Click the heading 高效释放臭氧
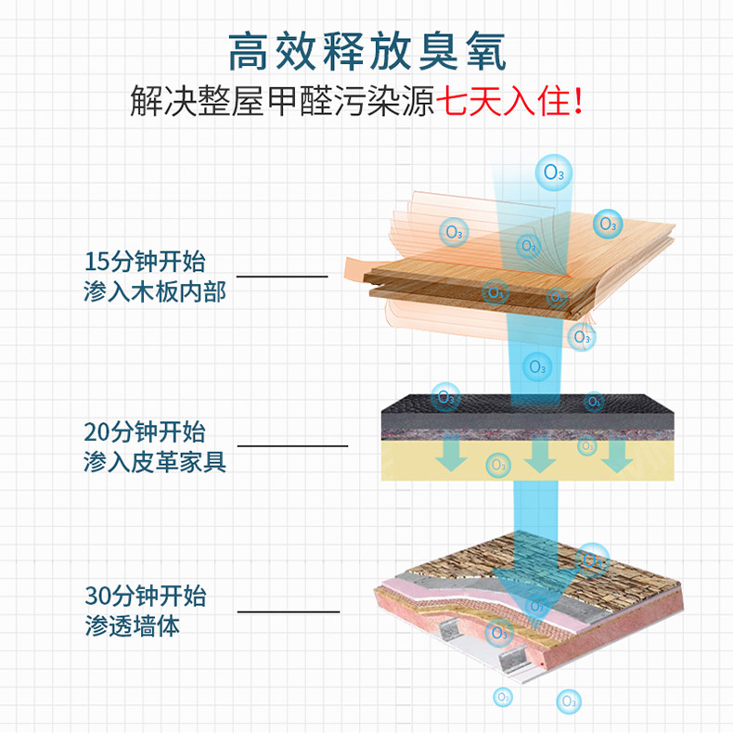(x=366, y=53)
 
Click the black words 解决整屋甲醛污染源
(x=282, y=101)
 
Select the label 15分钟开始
(x=145, y=261)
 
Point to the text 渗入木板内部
(x=155, y=292)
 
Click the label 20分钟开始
(x=145, y=431)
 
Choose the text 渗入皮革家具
(x=155, y=461)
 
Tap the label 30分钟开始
(x=145, y=595)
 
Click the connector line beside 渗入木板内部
(x=282, y=276)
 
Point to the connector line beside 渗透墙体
(x=289, y=611)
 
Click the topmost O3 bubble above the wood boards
(x=554, y=172)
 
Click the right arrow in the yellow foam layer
(x=615, y=455)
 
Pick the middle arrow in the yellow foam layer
(x=535, y=455)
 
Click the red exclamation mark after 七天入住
(x=580, y=101)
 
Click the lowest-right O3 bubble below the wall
(x=567, y=701)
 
